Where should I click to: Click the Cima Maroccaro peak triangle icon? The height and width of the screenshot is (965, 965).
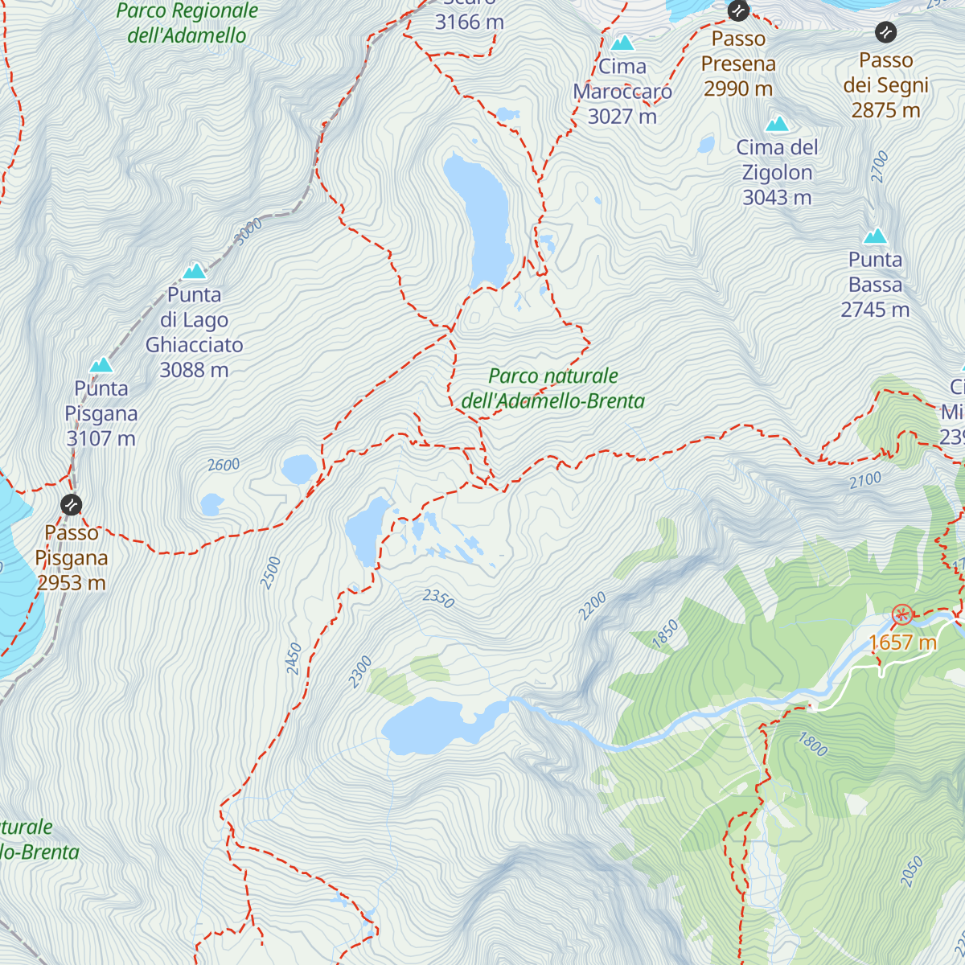[622, 43]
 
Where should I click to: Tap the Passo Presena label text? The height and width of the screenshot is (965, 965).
[738, 64]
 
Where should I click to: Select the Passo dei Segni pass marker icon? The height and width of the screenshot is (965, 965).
[885, 32]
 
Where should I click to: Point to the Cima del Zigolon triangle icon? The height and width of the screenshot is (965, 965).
[777, 124]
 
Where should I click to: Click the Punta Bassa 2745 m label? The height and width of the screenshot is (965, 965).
[875, 285]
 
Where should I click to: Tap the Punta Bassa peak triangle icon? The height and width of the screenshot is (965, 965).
[875, 236]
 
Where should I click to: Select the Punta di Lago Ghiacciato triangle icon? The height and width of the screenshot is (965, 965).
[194, 271]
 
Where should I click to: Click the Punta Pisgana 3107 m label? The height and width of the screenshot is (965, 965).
[101, 413]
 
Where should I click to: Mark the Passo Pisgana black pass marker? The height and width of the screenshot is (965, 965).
[71, 504]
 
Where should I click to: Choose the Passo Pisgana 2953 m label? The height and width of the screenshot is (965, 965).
[71, 557]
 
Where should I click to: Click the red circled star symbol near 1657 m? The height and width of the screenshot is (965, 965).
[902, 615]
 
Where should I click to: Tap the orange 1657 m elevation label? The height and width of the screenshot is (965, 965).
[903, 643]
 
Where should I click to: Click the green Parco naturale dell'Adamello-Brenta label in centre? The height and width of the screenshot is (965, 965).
[553, 388]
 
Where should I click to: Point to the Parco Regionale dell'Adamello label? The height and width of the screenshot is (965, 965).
[187, 23]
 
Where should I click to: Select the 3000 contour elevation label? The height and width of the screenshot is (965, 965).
[248, 232]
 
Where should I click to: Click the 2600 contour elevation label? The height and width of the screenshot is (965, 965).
[224, 465]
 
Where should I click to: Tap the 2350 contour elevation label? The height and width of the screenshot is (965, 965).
[438, 597]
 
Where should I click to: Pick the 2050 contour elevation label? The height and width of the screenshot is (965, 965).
[911, 872]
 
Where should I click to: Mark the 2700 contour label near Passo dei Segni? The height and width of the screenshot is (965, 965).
[880, 166]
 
